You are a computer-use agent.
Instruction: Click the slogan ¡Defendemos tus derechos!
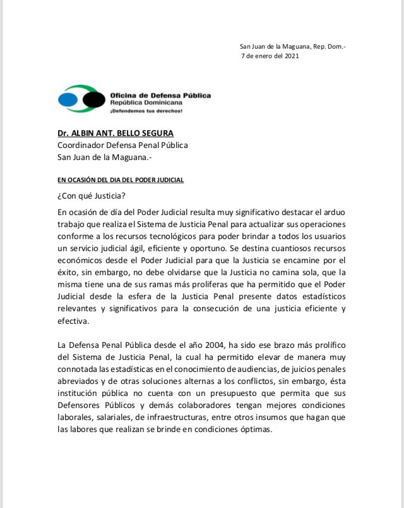click(x=146, y=111)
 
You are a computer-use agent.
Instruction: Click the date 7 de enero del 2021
click(x=270, y=56)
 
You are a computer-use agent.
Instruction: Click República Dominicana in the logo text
click(x=146, y=102)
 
